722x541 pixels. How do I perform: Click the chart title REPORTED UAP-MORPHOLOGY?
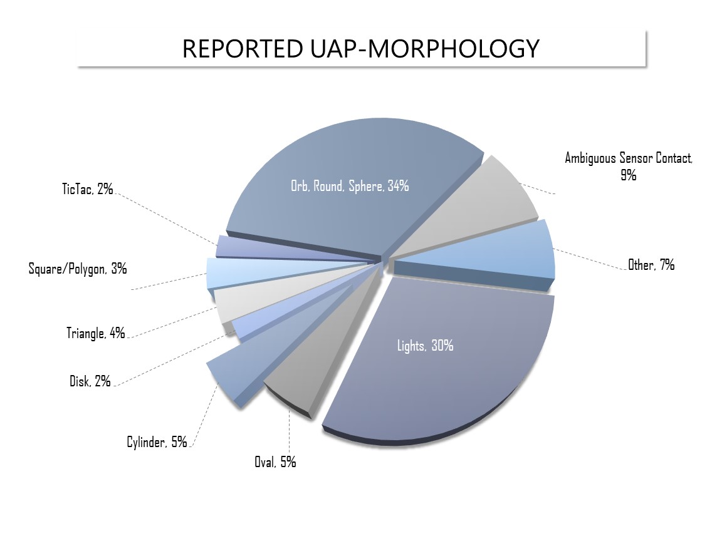[x=360, y=48]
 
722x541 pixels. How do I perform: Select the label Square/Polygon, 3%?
[x=78, y=269]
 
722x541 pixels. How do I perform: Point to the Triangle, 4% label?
[x=96, y=333]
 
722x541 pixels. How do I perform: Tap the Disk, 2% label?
[x=90, y=381]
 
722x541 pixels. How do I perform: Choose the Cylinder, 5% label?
[x=157, y=442]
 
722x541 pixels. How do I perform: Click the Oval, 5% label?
[x=275, y=463]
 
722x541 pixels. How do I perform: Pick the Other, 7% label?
[x=651, y=265]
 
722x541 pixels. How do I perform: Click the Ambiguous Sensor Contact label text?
[x=629, y=158]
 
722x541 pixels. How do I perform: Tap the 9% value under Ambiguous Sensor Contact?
[x=628, y=175]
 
